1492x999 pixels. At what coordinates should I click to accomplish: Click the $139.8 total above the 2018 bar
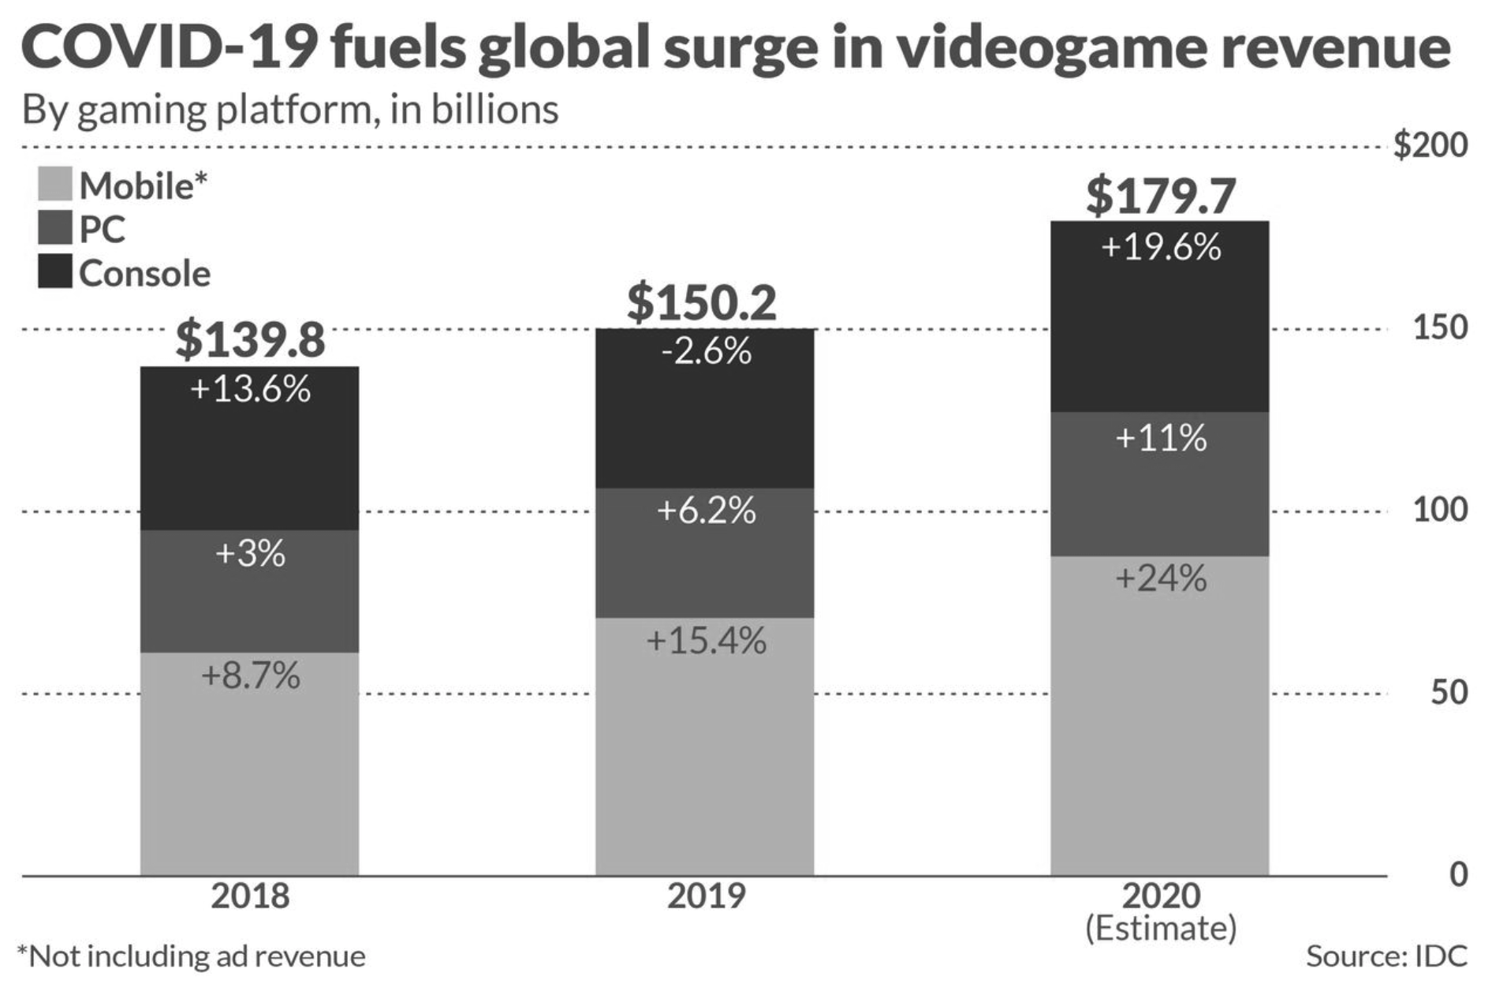click(250, 339)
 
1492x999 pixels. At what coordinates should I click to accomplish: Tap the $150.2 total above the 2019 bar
click(702, 302)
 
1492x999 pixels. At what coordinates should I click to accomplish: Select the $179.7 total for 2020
click(1160, 196)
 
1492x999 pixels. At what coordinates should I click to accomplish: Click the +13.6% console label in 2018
click(250, 389)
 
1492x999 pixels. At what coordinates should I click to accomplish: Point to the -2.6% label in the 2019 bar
click(706, 351)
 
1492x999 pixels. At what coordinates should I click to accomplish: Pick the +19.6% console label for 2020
click(1161, 248)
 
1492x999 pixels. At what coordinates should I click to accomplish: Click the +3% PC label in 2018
click(250, 553)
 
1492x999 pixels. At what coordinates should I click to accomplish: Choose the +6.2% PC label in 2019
click(706, 511)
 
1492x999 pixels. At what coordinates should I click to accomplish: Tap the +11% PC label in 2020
click(1161, 438)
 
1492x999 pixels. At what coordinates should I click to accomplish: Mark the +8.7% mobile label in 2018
click(250, 676)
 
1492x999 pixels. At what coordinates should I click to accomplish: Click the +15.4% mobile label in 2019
click(706, 641)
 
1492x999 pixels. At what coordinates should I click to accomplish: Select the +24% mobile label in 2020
click(1161, 578)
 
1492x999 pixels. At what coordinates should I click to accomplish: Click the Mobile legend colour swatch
click(54, 184)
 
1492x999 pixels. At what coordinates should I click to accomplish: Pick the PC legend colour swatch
click(54, 228)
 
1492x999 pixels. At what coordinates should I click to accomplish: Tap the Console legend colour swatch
click(54, 271)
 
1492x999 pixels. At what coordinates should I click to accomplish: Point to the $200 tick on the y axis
click(1430, 146)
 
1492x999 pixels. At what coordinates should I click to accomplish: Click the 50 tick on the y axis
click(1448, 692)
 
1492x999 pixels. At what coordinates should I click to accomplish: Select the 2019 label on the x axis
click(706, 896)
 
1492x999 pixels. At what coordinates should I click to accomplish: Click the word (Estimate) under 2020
click(1161, 929)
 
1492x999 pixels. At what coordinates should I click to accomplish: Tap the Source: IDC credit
click(1386, 956)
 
